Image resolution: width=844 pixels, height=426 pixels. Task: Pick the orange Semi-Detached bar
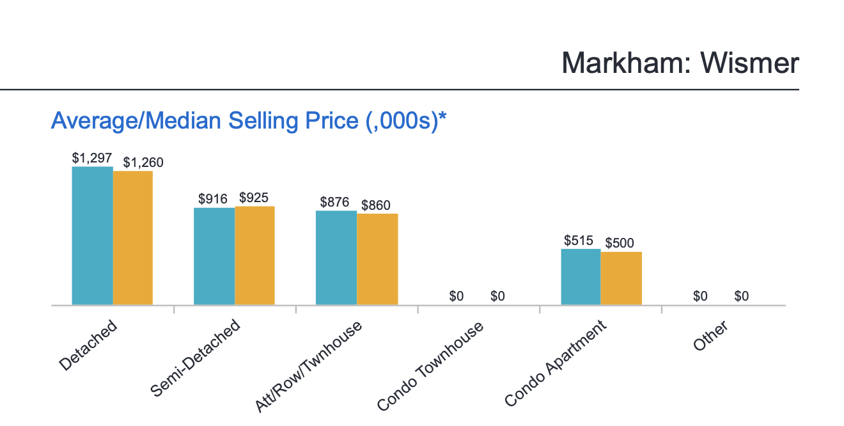(x=254, y=255)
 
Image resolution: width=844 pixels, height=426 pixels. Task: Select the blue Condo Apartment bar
(x=581, y=276)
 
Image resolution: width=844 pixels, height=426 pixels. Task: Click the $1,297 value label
(x=92, y=158)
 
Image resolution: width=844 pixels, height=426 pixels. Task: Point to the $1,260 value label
(x=143, y=162)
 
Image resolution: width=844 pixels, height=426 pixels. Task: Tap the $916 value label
(x=213, y=199)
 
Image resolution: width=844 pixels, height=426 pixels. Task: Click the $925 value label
(x=254, y=198)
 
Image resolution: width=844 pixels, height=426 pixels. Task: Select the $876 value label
(x=334, y=202)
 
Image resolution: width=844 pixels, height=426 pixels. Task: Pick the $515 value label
(x=579, y=241)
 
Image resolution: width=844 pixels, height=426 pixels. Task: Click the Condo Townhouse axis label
(x=430, y=367)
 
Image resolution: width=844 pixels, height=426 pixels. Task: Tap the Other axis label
(x=710, y=336)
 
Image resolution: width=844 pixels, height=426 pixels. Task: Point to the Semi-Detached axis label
(x=196, y=358)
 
